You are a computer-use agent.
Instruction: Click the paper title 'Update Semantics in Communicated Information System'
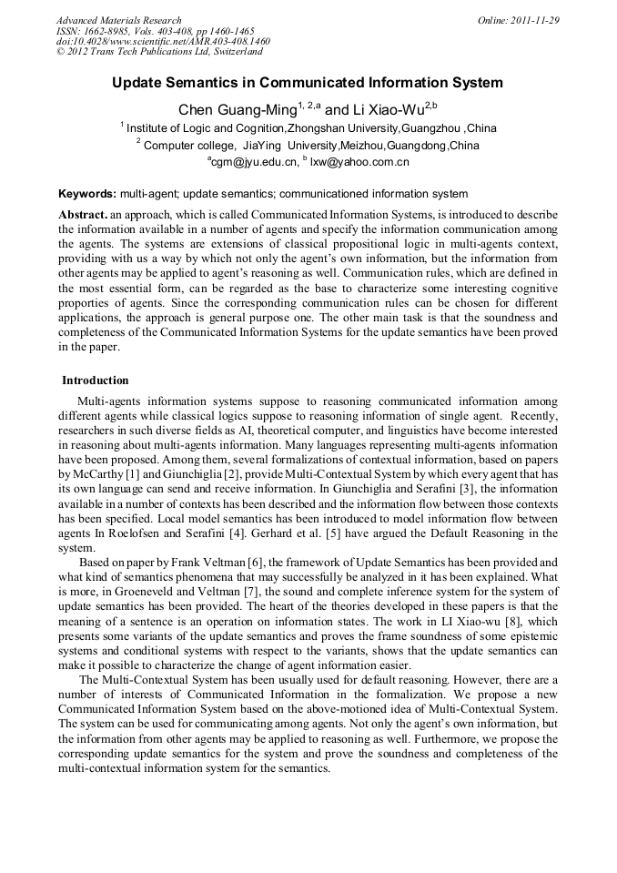pyautogui.click(x=308, y=83)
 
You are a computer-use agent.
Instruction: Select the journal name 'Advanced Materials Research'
pyautogui.click(x=118, y=20)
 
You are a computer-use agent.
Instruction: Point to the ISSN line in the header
pyautogui.click(x=155, y=31)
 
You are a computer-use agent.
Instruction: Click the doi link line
pyautogui.click(x=163, y=41)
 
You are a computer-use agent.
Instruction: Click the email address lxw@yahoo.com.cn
pyautogui.click(x=359, y=162)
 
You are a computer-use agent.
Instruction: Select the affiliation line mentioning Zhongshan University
pyautogui.click(x=309, y=128)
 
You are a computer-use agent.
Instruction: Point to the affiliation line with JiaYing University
pyautogui.click(x=309, y=146)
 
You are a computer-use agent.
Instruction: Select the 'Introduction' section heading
pyautogui.click(x=95, y=381)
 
